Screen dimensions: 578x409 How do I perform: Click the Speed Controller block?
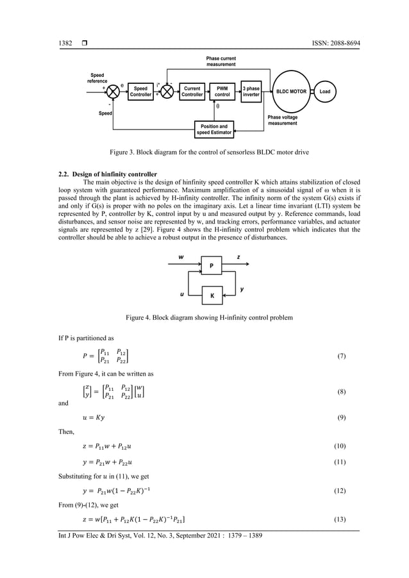click(x=140, y=92)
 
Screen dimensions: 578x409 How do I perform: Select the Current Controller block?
click(x=192, y=92)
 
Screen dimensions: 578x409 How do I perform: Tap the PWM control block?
click(x=222, y=92)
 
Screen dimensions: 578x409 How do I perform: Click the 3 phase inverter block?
click(x=251, y=92)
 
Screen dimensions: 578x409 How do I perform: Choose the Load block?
click(x=325, y=92)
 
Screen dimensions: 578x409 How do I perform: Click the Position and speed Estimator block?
click(x=214, y=129)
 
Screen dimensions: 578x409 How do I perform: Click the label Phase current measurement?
click(x=221, y=62)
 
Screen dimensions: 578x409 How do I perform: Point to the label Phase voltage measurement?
click(x=282, y=120)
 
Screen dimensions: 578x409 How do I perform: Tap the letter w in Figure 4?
click(x=181, y=257)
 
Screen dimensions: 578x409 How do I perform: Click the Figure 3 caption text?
click(x=204, y=153)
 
